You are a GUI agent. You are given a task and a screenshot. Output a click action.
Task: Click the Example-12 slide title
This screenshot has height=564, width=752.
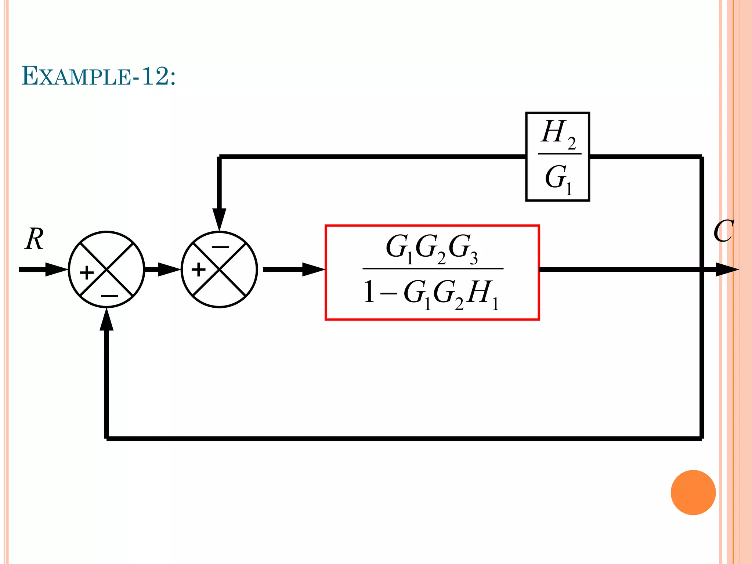98,76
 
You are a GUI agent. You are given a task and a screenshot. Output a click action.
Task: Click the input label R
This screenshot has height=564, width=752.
35,239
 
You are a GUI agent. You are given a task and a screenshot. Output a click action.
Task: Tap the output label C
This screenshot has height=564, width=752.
723,231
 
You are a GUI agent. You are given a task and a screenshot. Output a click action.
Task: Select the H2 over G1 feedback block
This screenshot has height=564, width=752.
557,157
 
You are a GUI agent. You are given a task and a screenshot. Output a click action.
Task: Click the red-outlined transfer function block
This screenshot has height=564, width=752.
432,272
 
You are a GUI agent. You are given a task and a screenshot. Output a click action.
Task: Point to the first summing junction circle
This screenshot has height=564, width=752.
106,270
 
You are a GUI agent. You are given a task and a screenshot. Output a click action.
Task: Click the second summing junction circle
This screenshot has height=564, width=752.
219,270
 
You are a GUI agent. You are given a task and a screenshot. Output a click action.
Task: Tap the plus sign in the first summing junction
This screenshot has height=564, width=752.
87,273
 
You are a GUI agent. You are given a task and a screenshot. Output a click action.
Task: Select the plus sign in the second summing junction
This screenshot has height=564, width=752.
199,270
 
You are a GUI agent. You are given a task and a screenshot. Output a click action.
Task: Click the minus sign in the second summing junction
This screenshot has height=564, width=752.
220,247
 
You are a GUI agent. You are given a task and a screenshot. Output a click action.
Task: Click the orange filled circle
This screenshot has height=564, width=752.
693,492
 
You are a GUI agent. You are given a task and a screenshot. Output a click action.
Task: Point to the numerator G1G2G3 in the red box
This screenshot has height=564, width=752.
432,247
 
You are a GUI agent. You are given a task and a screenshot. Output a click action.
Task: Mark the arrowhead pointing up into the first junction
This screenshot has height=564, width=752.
106,319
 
